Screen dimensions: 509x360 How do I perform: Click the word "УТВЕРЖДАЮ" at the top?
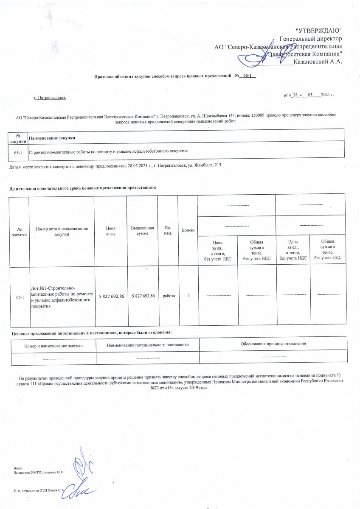(318, 31)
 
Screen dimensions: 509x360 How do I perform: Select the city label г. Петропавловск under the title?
(50, 98)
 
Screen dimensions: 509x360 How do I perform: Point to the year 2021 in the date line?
(325, 95)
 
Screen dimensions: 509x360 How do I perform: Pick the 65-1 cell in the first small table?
(18, 151)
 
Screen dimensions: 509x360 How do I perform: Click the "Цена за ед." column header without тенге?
(110, 231)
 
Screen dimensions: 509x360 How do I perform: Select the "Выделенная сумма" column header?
(142, 231)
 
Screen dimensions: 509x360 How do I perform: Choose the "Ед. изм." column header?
(168, 231)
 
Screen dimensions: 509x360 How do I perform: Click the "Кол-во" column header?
(188, 230)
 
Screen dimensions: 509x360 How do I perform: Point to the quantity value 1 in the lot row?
(188, 296)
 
